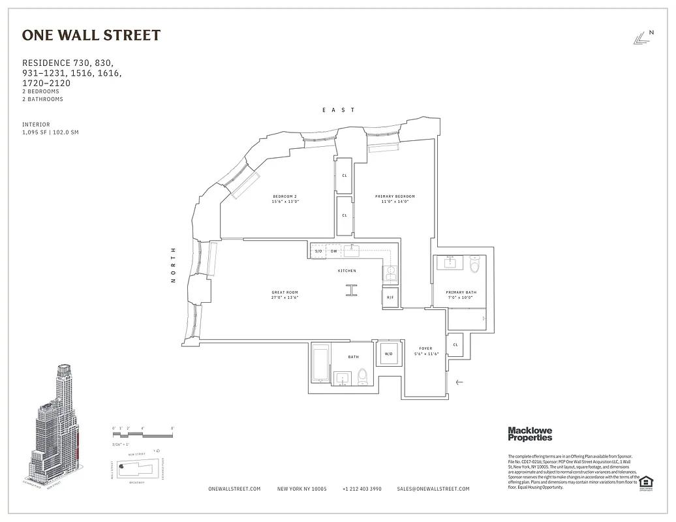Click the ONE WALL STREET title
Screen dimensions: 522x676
91,36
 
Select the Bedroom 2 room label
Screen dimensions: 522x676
285,199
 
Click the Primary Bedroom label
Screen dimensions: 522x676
395,199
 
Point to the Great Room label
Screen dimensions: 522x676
285,294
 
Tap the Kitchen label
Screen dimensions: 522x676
346,271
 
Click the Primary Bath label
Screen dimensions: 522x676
461,295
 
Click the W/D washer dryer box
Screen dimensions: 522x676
389,354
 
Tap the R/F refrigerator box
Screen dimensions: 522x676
390,298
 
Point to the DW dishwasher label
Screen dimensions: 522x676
333,251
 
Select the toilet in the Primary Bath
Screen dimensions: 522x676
474,264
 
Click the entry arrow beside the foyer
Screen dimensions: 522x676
459,382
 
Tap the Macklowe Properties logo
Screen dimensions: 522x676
530,434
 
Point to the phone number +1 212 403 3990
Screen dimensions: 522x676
361,489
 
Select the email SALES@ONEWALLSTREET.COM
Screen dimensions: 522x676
433,489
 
